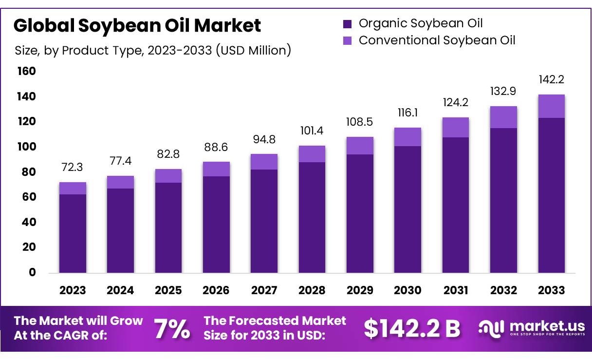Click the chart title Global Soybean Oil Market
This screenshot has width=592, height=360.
pos(137,25)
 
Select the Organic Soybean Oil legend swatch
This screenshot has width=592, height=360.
pos(347,24)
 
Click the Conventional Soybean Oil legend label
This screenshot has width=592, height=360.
pos(437,40)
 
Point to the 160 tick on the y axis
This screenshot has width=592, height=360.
pos(27,72)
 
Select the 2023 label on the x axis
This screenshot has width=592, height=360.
pos(73,290)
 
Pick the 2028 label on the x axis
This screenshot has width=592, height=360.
pos(312,290)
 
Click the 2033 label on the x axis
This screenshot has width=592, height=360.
pos(552,290)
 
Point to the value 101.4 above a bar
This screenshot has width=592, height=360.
pos(312,131)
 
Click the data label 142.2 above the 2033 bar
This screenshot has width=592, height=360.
pos(552,80)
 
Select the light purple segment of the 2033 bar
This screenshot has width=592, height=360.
pos(552,106)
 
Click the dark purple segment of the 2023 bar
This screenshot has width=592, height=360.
pos(73,234)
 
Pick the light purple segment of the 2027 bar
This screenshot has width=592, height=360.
pos(264,162)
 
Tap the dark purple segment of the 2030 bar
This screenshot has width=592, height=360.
pos(408,209)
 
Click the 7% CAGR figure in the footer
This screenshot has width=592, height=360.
pos(172,329)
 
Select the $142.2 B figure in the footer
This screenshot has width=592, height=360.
pos(412,329)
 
